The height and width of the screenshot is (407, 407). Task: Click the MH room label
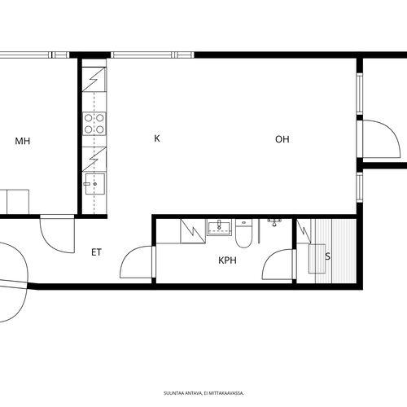click(23, 141)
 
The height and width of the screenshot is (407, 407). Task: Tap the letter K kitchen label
click(157, 138)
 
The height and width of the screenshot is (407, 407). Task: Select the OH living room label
click(282, 139)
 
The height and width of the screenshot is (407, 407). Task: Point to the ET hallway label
click(96, 252)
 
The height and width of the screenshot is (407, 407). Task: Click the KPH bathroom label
click(227, 260)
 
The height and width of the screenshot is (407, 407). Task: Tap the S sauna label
click(328, 256)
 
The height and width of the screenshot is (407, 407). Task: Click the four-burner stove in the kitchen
click(94, 124)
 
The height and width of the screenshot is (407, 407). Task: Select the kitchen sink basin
click(95, 184)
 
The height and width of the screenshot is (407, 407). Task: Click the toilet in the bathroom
click(243, 234)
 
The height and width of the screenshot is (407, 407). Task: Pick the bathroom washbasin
click(220, 227)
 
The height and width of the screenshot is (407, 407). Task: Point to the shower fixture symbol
click(274, 222)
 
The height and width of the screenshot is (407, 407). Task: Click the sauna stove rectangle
click(317, 259)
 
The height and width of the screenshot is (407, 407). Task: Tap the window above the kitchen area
click(152, 55)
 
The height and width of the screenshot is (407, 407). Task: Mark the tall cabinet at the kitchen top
click(94, 79)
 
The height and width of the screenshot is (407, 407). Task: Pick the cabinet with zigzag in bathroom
click(193, 231)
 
